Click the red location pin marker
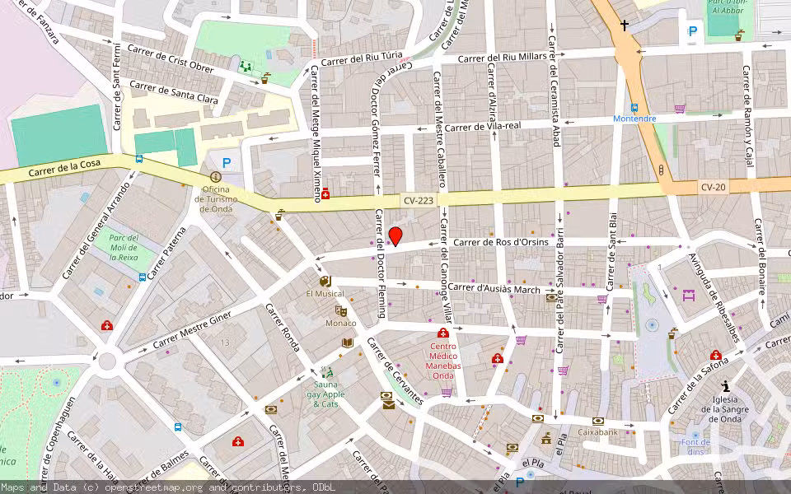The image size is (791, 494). pos(395,235)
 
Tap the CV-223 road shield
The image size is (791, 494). pos(419,200)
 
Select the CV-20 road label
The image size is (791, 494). pos(714,187)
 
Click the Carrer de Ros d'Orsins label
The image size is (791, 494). pos(501,242)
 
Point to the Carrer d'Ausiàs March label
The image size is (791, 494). pos(494,288)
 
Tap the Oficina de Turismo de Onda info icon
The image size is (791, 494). pos(216,176)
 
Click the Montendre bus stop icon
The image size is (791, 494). pos(634,107)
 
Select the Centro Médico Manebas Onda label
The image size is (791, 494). pos(443,361)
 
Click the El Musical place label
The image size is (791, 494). pos(325,293)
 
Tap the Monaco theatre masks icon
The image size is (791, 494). pos(340,311)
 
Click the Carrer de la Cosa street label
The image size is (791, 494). pos(64,168)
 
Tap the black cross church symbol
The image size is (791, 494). pos(624,26)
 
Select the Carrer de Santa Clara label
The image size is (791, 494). pos(174,92)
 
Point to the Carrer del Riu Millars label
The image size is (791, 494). pos(502,57)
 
